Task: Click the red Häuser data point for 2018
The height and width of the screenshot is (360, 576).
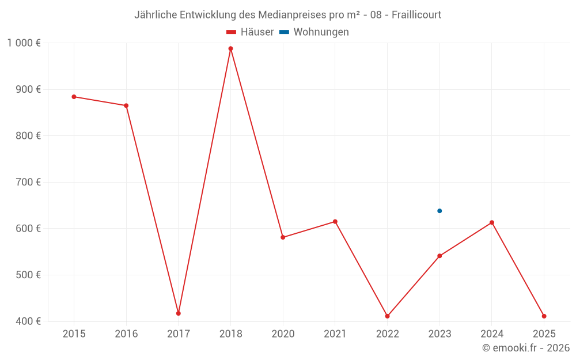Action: (x=230, y=49)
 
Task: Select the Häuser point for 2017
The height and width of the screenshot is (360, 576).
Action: (x=179, y=313)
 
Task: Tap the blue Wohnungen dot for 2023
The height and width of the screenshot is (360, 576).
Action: (x=439, y=211)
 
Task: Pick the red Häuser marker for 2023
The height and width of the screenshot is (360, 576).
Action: (x=439, y=256)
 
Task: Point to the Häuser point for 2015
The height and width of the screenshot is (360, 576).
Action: (x=74, y=97)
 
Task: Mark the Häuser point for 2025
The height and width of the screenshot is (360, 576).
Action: (x=544, y=316)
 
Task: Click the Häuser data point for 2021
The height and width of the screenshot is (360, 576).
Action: (x=335, y=222)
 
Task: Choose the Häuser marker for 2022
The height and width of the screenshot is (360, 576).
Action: (x=388, y=316)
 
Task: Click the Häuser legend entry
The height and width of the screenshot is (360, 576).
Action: (x=250, y=32)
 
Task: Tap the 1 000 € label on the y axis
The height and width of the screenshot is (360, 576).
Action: (x=24, y=43)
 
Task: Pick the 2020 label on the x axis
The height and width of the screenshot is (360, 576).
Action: (x=283, y=334)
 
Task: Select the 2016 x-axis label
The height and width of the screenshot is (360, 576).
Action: (x=126, y=334)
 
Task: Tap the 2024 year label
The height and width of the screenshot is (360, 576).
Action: (x=492, y=334)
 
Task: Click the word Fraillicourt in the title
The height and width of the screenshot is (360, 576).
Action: (x=416, y=15)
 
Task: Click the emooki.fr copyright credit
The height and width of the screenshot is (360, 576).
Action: (x=526, y=348)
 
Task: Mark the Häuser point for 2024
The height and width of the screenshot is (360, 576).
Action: (x=492, y=222)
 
